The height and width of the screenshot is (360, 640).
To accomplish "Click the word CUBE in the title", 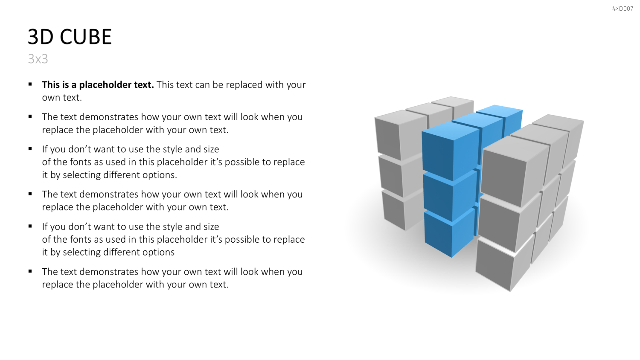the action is (86, 37).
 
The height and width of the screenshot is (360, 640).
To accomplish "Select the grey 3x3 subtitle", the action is (38, 59).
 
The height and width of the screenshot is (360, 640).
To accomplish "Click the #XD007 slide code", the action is (623, 9).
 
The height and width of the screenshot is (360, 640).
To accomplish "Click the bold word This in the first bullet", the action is (51, 84).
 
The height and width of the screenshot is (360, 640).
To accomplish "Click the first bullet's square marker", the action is (30, 84).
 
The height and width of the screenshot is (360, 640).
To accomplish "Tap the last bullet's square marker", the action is (30, 271).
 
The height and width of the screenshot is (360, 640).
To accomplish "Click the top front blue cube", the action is (451, 151).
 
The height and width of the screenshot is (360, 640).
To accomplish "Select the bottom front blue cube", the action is (449, 233).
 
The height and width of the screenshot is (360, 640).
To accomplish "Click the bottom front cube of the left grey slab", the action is (403, 209).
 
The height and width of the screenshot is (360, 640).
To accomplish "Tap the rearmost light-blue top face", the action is (500, 110).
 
